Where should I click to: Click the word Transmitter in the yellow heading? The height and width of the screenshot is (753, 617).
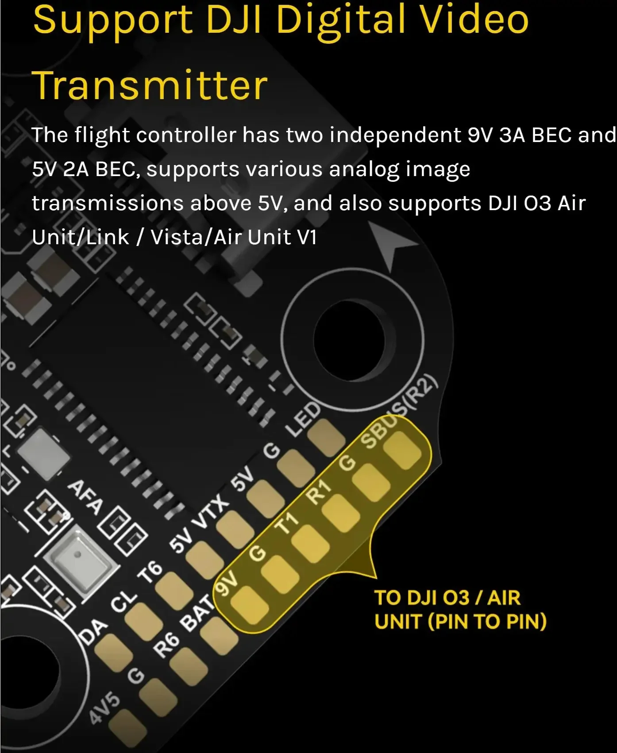[x=150, y=85]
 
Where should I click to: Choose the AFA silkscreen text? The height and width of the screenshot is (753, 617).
[x=85, y=497]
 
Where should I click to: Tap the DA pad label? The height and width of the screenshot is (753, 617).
[x=93, y=630]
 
